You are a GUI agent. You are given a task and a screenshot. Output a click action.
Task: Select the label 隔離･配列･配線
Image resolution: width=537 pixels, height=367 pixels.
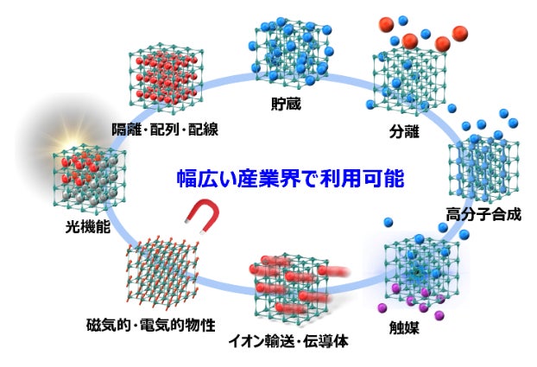pyautogui.click(x=165, y=130)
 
